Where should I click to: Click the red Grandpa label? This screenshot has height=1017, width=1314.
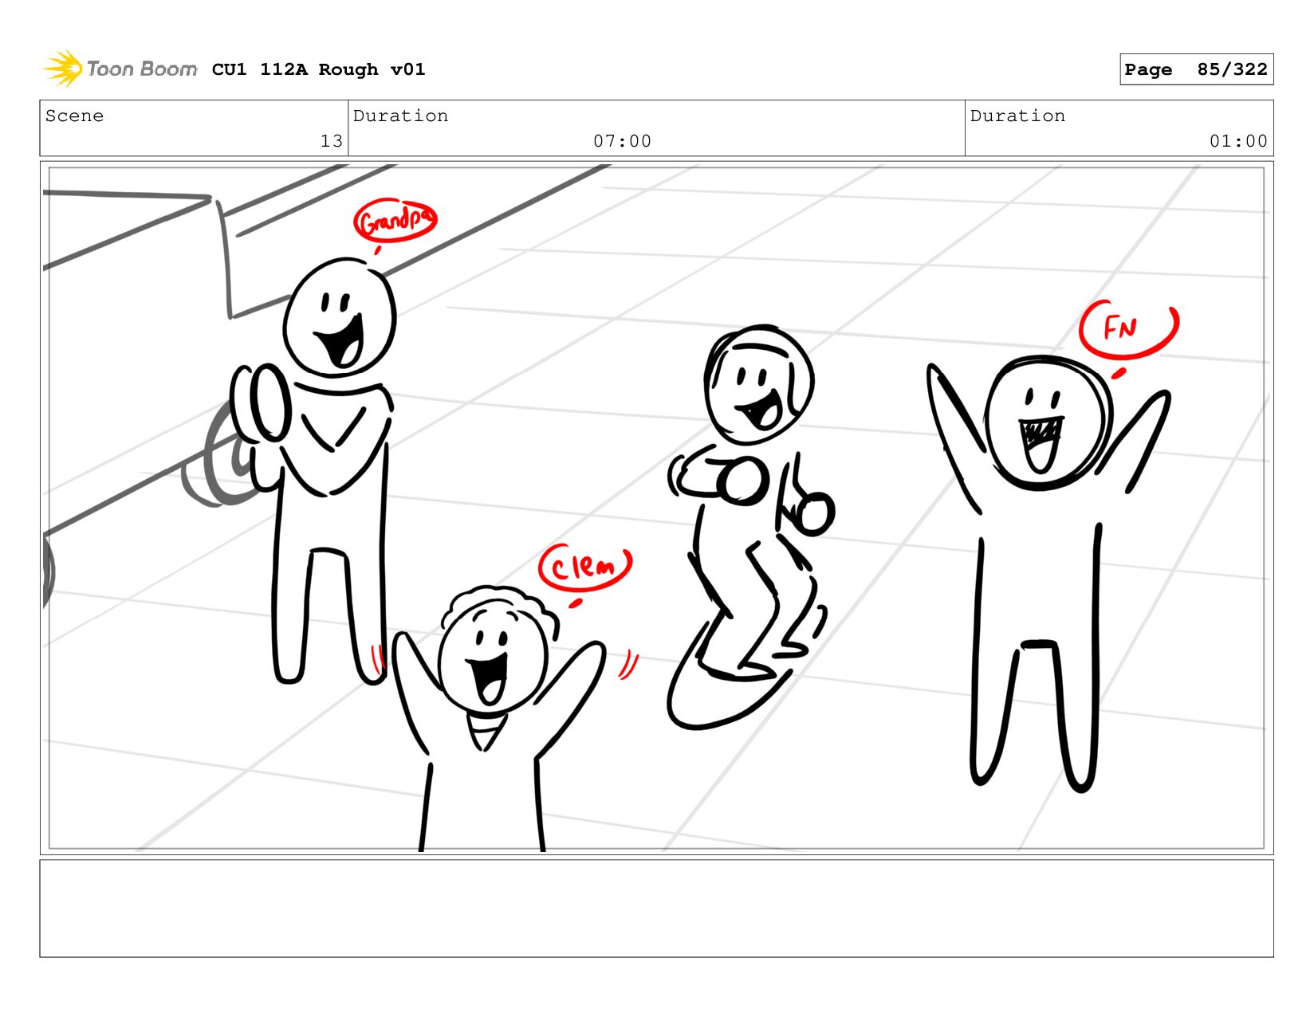pyautogui.click(x=395, y=220)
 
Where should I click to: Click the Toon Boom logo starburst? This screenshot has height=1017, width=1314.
pyautogui.click(x=62, y=69)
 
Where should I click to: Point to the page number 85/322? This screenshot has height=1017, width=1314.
pyautogui.click(x=1232, y=69)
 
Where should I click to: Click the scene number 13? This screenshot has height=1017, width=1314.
pyautogui.click(x=332, y=141)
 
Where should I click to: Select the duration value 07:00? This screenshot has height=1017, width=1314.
pyautogui.click(x=622, y=141)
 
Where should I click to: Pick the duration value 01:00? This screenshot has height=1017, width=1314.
pyautogui.click(x=1237, y=141)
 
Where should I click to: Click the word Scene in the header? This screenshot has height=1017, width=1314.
pyautogui.click(x=74, y=116)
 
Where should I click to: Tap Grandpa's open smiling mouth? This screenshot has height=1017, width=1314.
pyautogui.click(x=341, y=341)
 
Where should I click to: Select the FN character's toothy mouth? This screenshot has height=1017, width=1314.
pyautogui.click(x=1040, y=444)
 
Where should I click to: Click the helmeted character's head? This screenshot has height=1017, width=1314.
pyautogui.click(x=758, y=384)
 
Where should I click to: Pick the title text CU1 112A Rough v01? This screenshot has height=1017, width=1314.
pyautogui.click(x=318, y=69)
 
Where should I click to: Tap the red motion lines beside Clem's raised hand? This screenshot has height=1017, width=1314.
pyautogui.click(x=628, y=666)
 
